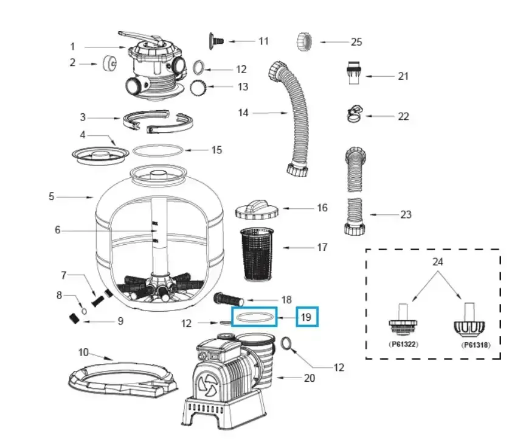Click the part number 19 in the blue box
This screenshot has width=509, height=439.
click(x=306, y=317)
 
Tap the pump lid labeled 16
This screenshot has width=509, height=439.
click(x=257, y=209)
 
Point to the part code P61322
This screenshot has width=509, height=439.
click(x=403, y=344)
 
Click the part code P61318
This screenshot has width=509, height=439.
click(x=475, y=345)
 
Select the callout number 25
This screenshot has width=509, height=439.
click(x=356, y=42)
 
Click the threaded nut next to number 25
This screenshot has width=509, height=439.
click(x=305, y=41)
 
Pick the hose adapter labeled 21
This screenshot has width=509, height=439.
click(x=351, y=74)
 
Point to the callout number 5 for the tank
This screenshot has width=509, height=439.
click(x=52, y=197)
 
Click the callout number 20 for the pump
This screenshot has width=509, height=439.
click(x=309, y=378)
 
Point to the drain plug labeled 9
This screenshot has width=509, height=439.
click(x=74, y=318)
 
